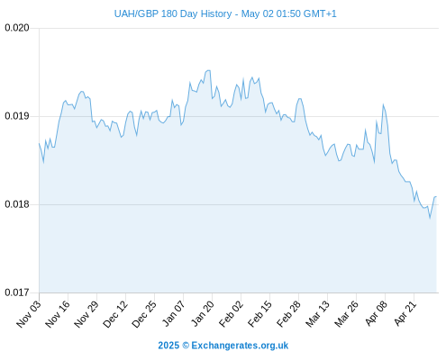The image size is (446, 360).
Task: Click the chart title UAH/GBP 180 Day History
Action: pyautogui.click(x=173, y=13)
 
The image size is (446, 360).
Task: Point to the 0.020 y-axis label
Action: pyautogui.click(x=17, y=28)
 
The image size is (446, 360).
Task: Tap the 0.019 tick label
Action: pyautogui.click(x=17, y=116)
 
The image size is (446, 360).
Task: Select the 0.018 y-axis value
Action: pyautogui.click(x=17, y=204)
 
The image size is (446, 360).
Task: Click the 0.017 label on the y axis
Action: pyautogui.click(x=17, y=292)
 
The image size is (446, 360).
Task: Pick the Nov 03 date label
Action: pyautogui.click(x=29, y=314)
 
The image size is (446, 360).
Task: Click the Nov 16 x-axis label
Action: pyautogui.click(x=58, y=314)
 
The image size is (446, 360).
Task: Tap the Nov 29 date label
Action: pyautogui.click(x=86, y=314)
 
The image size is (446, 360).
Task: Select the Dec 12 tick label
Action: pyautogui.click(x=115, y=314)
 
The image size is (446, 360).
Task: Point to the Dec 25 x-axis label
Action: pyautogui.click(x=144, y=314)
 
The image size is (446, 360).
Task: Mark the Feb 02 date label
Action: pyautogui.click(x=231, y=314)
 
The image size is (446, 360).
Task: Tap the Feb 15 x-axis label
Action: pyautogui.click(x=259, y=314)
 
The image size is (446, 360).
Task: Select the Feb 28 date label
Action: pyautogui.click(x=288, y=314)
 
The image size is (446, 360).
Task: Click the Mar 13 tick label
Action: pyautogui.click(x=318, y=314)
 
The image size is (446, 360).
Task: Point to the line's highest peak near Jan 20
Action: pyautogui.click(x=208, y=70)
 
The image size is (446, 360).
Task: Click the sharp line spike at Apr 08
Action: pyautogui.click(x=383, y=104)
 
